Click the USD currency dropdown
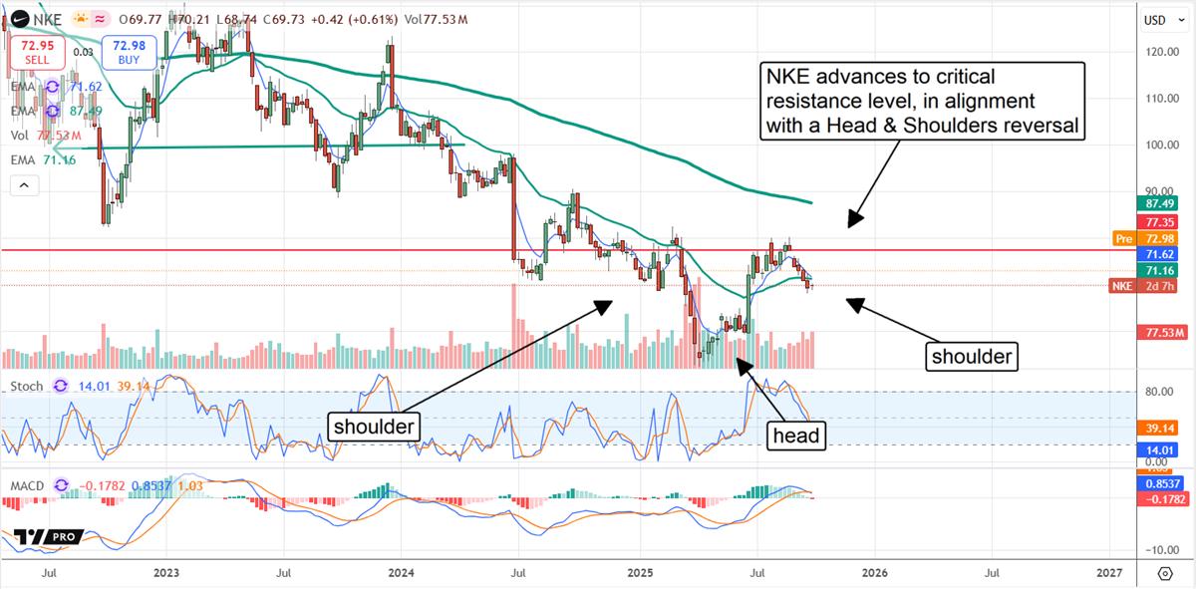coord(1157,20)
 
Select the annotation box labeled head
coord(797,435)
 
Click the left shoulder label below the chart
coord(373,426)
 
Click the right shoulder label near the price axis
coord(972,356)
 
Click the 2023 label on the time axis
coord(166,573)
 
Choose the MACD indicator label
coord(27,485)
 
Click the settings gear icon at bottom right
coord(1165,573)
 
